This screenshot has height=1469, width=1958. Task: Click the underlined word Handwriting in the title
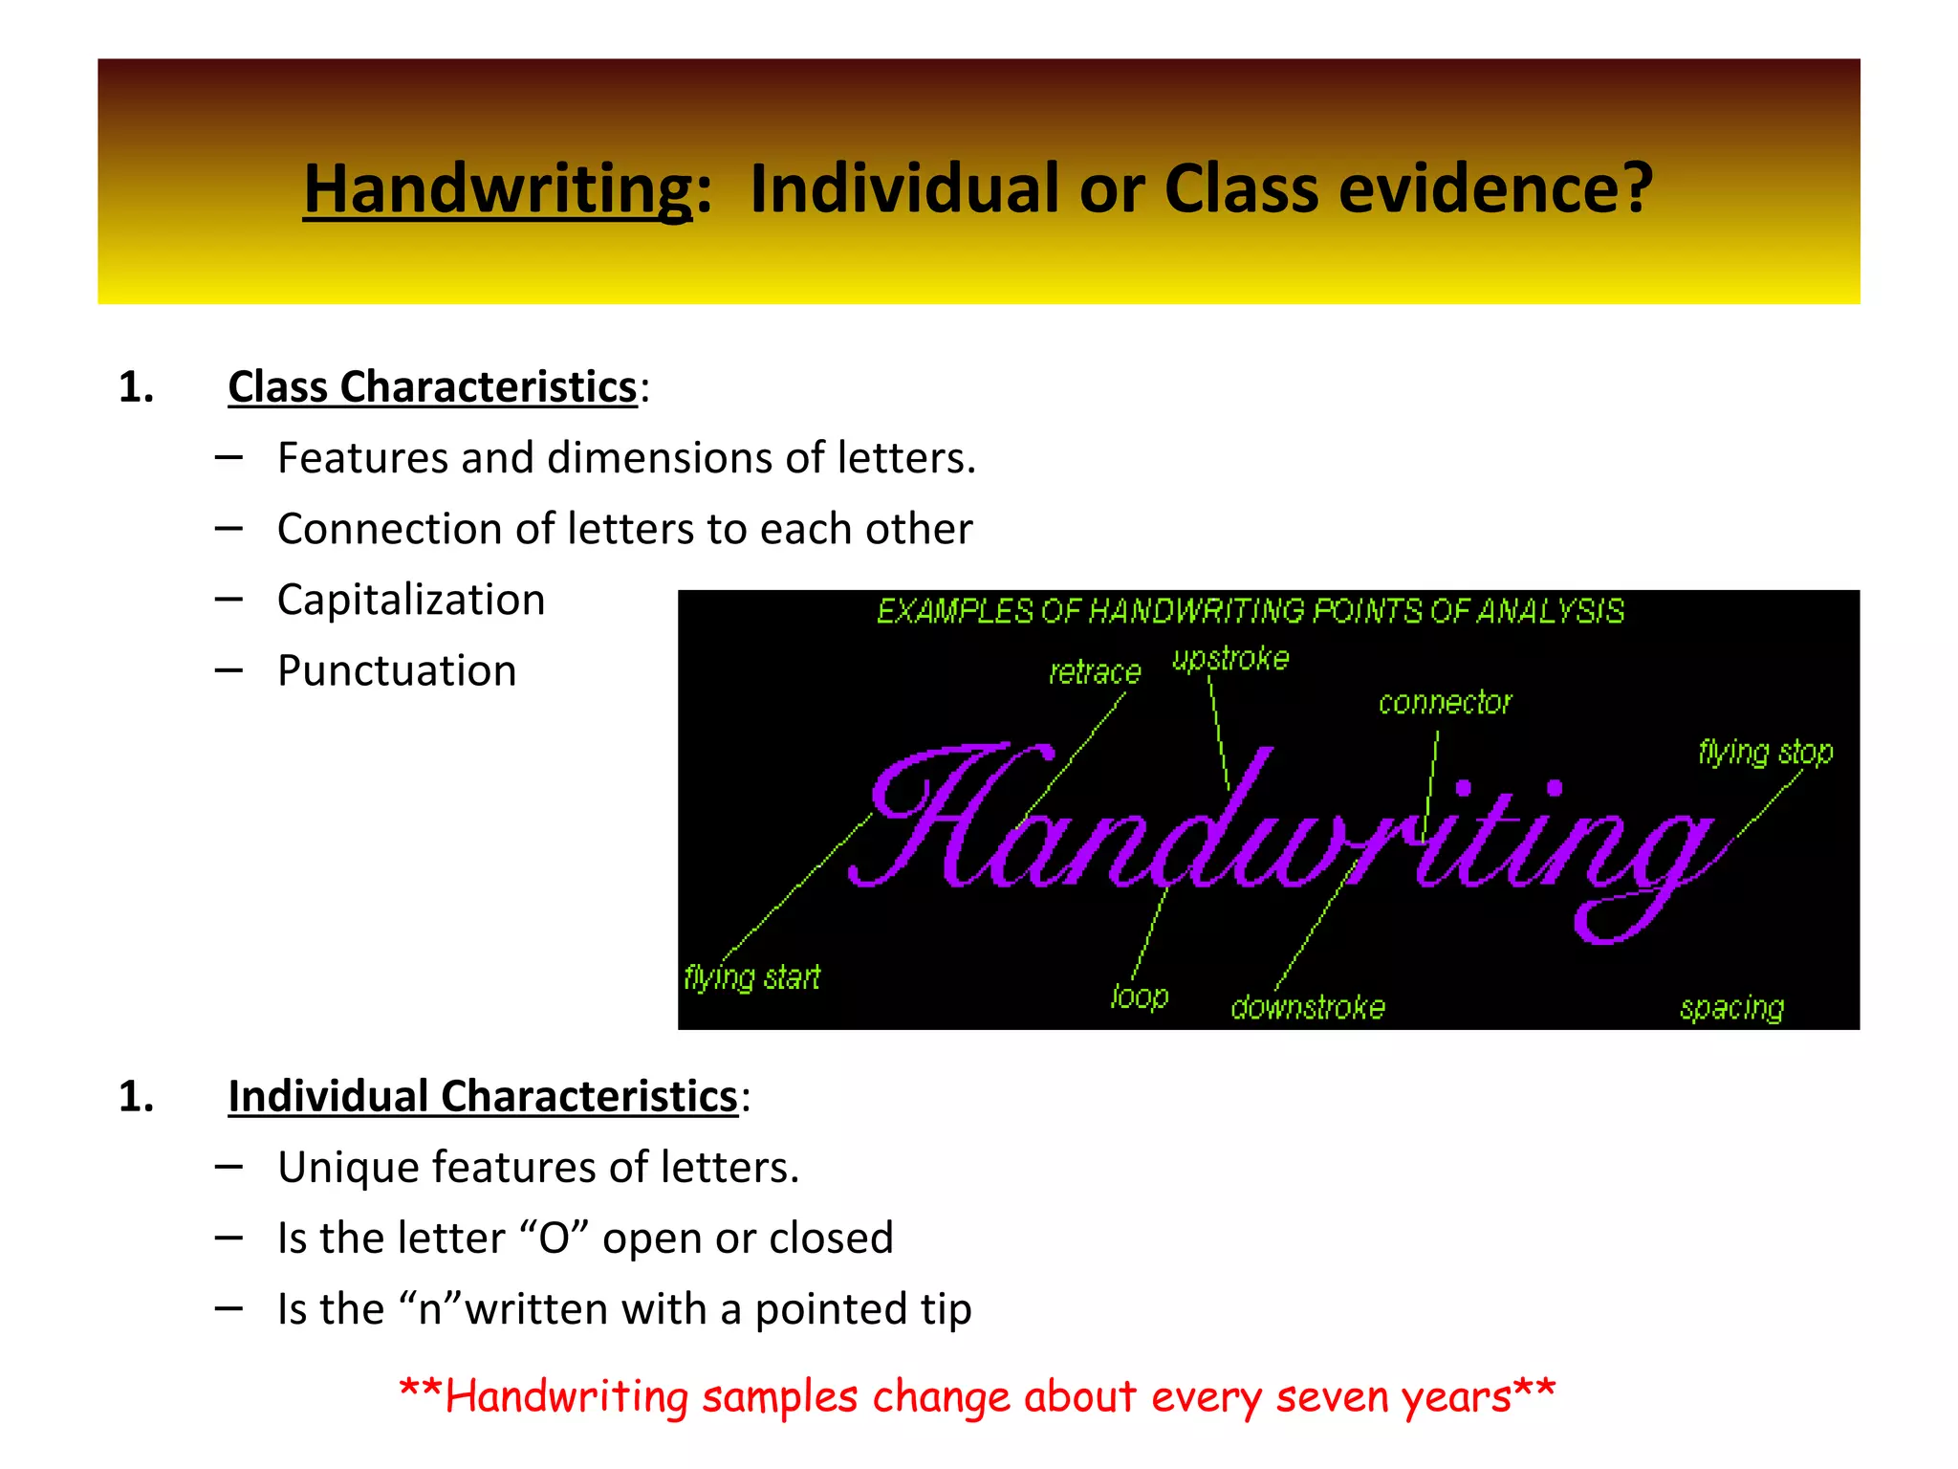click(x=497, y=188)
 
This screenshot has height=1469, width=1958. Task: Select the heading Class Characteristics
click(x=432, y=387)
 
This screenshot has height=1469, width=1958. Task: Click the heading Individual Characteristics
click(x=483, y=1096)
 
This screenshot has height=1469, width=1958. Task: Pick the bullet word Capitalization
click(x=411, y=600)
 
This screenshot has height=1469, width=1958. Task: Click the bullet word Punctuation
click(x=397, y=670)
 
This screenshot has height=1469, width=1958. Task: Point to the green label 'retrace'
click(x=1095, y=672)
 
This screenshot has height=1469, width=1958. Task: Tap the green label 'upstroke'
click(x=1230, y=659)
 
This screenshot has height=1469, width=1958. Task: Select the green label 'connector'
click(x=1445, y=703)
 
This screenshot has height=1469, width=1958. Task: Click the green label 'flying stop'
click(x=1766, y=753)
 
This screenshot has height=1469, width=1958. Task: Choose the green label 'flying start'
click(x=751, y=977)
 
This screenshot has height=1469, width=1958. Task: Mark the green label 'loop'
click(x=1140, y=998)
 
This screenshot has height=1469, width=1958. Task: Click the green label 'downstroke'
click(x=1308, y=1007)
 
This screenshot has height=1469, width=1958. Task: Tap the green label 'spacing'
click(x=1731, y=1008)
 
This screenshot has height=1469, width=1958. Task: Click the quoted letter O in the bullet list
click(x=555, y=1239)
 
